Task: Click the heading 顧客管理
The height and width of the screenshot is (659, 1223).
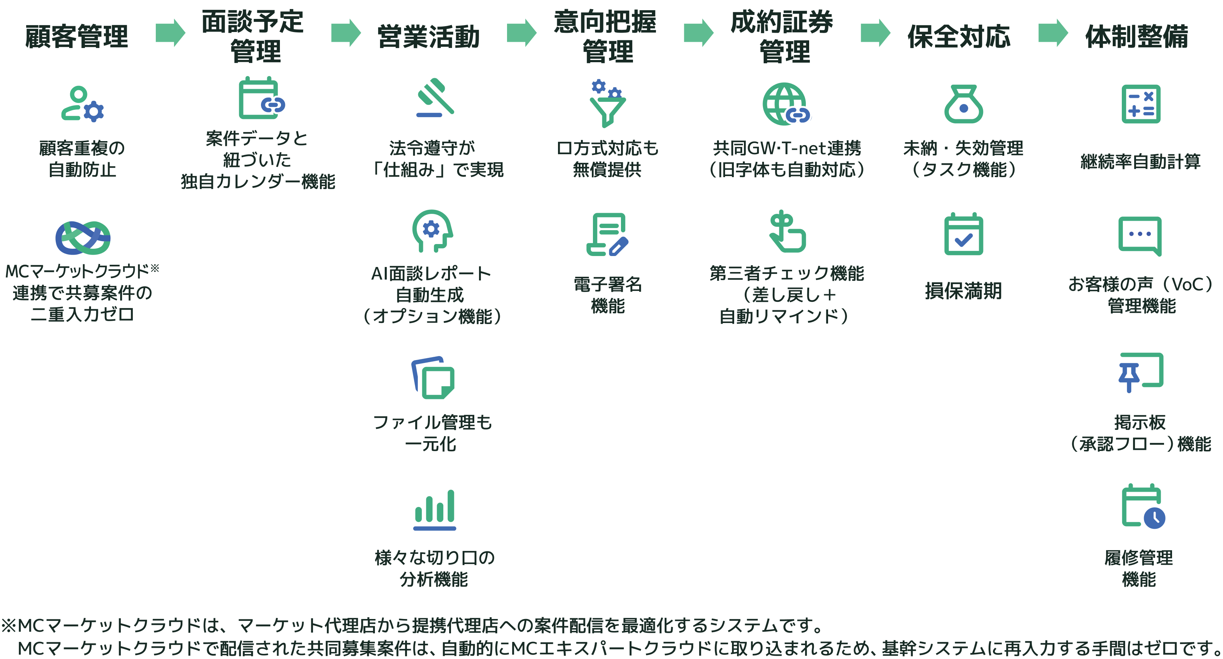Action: [x=76, y=36]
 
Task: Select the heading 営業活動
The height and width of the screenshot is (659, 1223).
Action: [x=428, y=36]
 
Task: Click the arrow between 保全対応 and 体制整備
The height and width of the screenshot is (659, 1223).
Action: [x=1053, y=33]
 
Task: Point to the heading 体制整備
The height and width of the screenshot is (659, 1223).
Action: [x=1137, y=36]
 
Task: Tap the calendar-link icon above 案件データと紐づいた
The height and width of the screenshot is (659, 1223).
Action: [x=261, y=98]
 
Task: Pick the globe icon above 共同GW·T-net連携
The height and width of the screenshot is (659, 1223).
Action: [x=786, y=104]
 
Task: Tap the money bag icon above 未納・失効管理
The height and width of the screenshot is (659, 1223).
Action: [x=963, y=104]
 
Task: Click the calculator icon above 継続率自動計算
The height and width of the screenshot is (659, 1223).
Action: [x=1141, y=104]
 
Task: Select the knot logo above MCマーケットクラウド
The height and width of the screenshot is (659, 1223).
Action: [x=83, y=238]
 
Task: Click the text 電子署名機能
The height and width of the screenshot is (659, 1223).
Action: [x=608, y=295]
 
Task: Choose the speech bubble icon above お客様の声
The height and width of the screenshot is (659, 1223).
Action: [x=1140, y=235]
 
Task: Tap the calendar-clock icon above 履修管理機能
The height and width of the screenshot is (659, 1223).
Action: [x=1142, y=506]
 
